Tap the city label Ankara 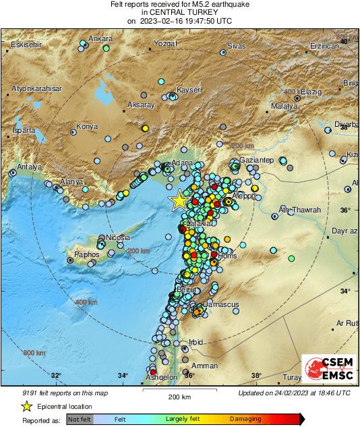point(100,38)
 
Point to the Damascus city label point(222,304)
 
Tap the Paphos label point(87,255)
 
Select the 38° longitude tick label point(256,376)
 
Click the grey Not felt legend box point(80,419)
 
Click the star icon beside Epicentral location point(26,406)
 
